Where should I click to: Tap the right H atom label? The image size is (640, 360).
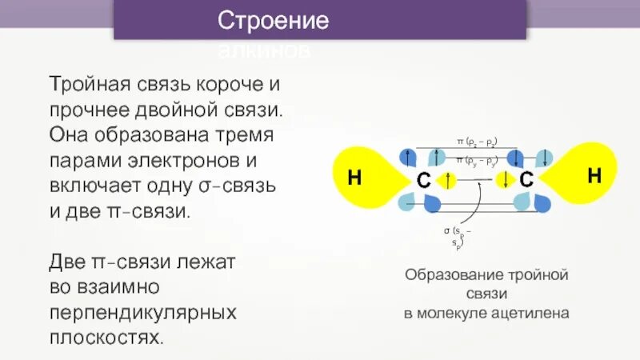point(594,177)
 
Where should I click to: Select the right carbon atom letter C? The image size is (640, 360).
point(526,182)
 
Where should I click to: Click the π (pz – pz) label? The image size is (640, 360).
point(477,142)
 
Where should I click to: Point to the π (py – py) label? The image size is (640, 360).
point(477,161)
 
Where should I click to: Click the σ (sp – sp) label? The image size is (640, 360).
point(457,236)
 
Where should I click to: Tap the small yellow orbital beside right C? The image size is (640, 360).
point(506,178)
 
